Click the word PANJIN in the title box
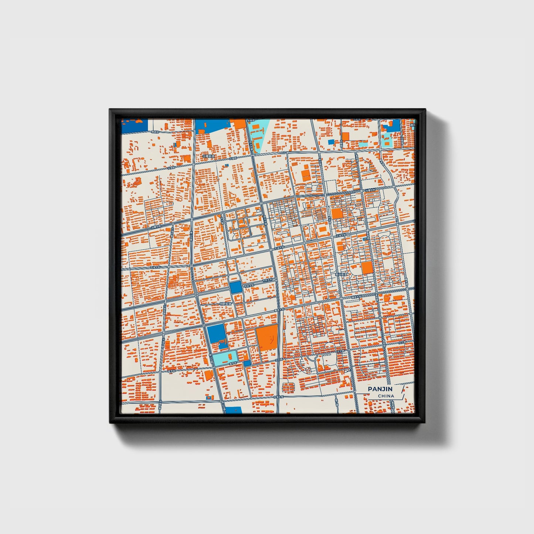click(x=380, y=389)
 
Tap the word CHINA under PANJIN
click(x=386, y=396)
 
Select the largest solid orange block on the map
click(x=267, y=337)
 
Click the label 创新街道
click(x=225, y=304)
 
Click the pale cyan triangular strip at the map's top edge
click(x=258, y=133)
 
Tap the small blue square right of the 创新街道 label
click(x=235, y=287)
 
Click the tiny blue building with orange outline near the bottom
click(x=209, y=398)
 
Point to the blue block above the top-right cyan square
click(x=392, y=126)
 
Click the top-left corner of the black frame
click(x=110, y=110)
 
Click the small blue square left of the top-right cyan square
click(x=331, y=142)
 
